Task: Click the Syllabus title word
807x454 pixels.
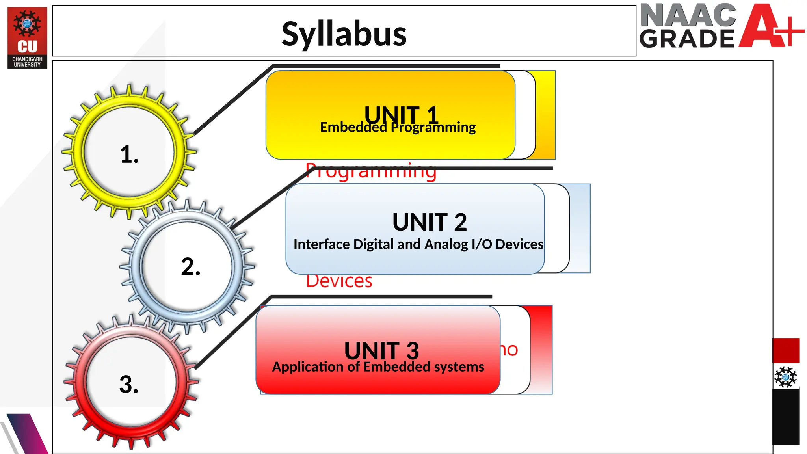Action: pos(344,34)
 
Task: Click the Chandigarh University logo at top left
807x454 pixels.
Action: pos(27,38)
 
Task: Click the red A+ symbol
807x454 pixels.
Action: pos(768,26)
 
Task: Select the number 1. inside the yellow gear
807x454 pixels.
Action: pos(129,154)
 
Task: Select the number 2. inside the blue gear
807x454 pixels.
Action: pos(191,266)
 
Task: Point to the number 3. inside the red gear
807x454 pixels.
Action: pos(129,384)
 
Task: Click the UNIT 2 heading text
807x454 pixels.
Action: pos(430,222)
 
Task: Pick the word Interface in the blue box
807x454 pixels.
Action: pos(322,244)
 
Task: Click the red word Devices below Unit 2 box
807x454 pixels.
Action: pos(339,281)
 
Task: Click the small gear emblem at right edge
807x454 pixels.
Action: pos(785,377)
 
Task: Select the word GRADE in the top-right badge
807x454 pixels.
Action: pos(686,39)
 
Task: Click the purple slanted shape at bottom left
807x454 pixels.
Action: pos(28,434)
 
